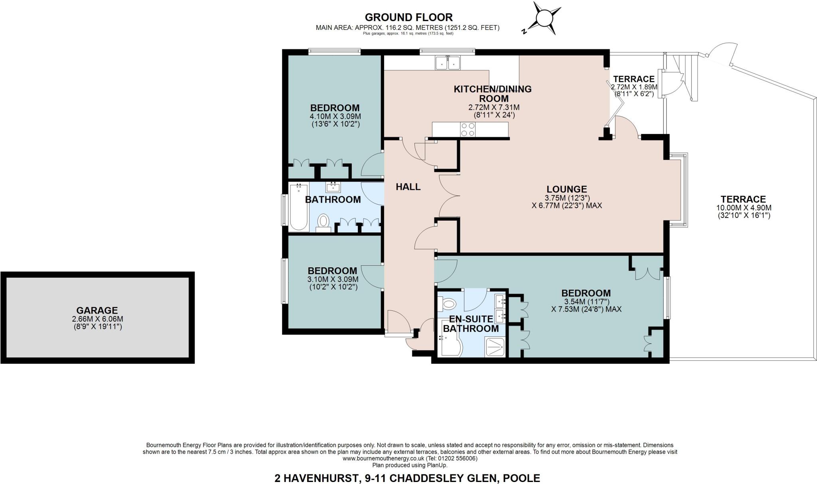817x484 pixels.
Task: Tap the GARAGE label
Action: pyautogui.click(x=97, y=310)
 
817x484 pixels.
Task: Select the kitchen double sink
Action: pyautogui.click(x=448, y=63)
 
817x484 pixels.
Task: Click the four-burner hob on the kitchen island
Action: pyautogui.click(x=468, y=129)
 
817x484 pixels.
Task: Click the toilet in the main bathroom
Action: pyautogui.click(x=323, y=221)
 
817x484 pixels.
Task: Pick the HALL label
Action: pyautogui.click(x=408, y=187)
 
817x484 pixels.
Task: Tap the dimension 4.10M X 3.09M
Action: pyautogui.click(x=335, y=116)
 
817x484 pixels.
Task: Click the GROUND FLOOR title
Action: pyautogui.click(x=408, y=17)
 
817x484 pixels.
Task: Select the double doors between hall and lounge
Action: pyautogui.click(x=449, y=196)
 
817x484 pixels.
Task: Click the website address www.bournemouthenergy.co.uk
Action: pyautogui.click(x=385, y=459)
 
